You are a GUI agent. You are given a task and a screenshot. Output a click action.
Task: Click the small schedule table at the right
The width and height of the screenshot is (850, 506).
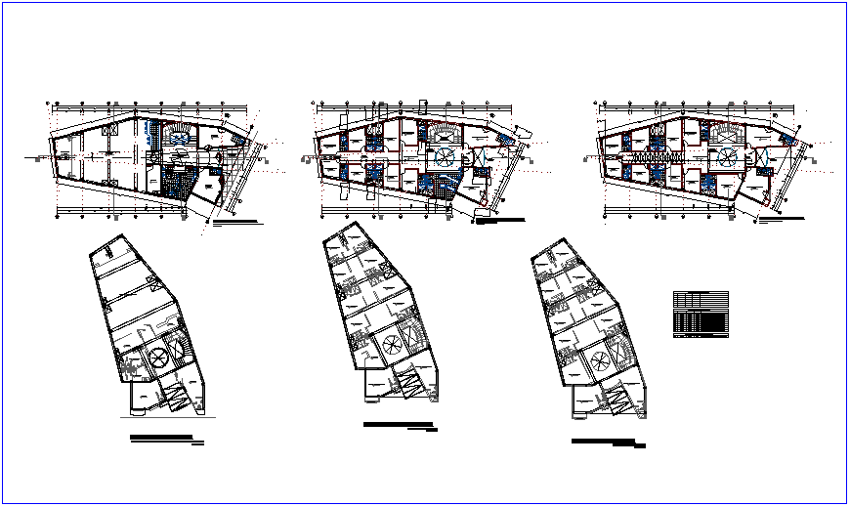[x=701, y=314]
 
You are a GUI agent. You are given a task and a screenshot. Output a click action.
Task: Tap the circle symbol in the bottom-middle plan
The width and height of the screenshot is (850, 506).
[x=390, y=344]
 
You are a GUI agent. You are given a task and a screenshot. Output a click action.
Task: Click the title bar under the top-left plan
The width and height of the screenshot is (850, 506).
[x=237, y=224]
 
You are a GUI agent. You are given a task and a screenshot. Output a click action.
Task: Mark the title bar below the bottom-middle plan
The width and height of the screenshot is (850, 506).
[x=399, y=425]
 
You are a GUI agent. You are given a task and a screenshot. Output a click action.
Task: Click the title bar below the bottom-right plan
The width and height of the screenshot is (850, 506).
[x=608, y=443]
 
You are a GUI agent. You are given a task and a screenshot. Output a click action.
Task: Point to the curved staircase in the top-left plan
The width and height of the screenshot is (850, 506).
[x=177, y=133]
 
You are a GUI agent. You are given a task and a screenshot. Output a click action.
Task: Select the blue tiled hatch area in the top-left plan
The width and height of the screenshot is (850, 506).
[x=178, y=181]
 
